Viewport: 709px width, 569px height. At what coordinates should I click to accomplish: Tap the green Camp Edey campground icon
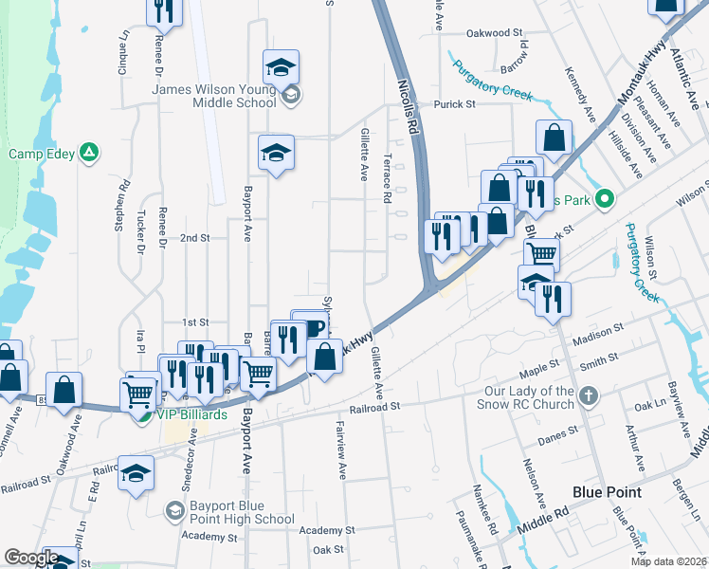89,152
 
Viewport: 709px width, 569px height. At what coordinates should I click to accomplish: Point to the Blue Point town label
607,492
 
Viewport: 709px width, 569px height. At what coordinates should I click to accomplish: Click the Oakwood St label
495,32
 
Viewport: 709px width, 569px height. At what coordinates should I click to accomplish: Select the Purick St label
460,104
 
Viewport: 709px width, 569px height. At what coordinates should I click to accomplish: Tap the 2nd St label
194,237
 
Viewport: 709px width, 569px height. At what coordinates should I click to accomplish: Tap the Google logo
31,558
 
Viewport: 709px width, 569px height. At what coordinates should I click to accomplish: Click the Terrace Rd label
387,180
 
